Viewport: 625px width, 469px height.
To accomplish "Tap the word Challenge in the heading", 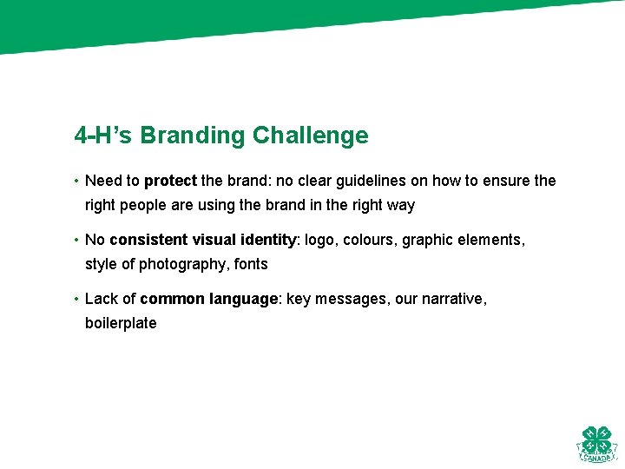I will tap(310, 136).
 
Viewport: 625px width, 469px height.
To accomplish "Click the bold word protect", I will tap(170, 182).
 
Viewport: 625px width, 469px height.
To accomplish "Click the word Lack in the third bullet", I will tap(101, 299).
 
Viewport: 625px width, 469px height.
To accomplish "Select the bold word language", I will tap(244, 300).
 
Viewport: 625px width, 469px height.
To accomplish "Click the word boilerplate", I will tap(121, 323).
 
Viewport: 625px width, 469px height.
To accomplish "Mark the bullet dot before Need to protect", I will tap(76, 182).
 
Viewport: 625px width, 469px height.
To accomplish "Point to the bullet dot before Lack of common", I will tap(76, 300).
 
